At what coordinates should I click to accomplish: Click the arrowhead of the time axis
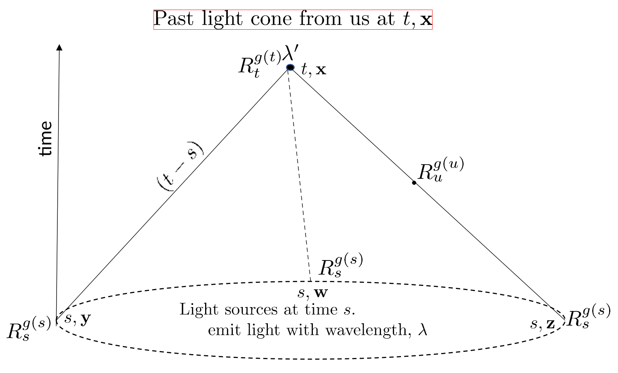click(x=59, y=47)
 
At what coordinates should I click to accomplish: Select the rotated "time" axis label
click(x=46, y=139)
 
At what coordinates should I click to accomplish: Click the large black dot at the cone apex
click(x=290, y=67)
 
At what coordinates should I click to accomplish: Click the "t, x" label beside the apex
click(x=314, y=70)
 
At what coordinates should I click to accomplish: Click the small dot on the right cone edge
click(x=414, y=183)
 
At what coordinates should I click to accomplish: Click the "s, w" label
click(x=312, y=293)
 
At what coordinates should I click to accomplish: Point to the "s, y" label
click(x=77, y=319)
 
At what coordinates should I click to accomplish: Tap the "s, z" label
click(x=543, y=324)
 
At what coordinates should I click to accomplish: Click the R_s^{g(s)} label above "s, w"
click(x=341, y=265)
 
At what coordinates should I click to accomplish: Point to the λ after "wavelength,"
click(x=423, y=330)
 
